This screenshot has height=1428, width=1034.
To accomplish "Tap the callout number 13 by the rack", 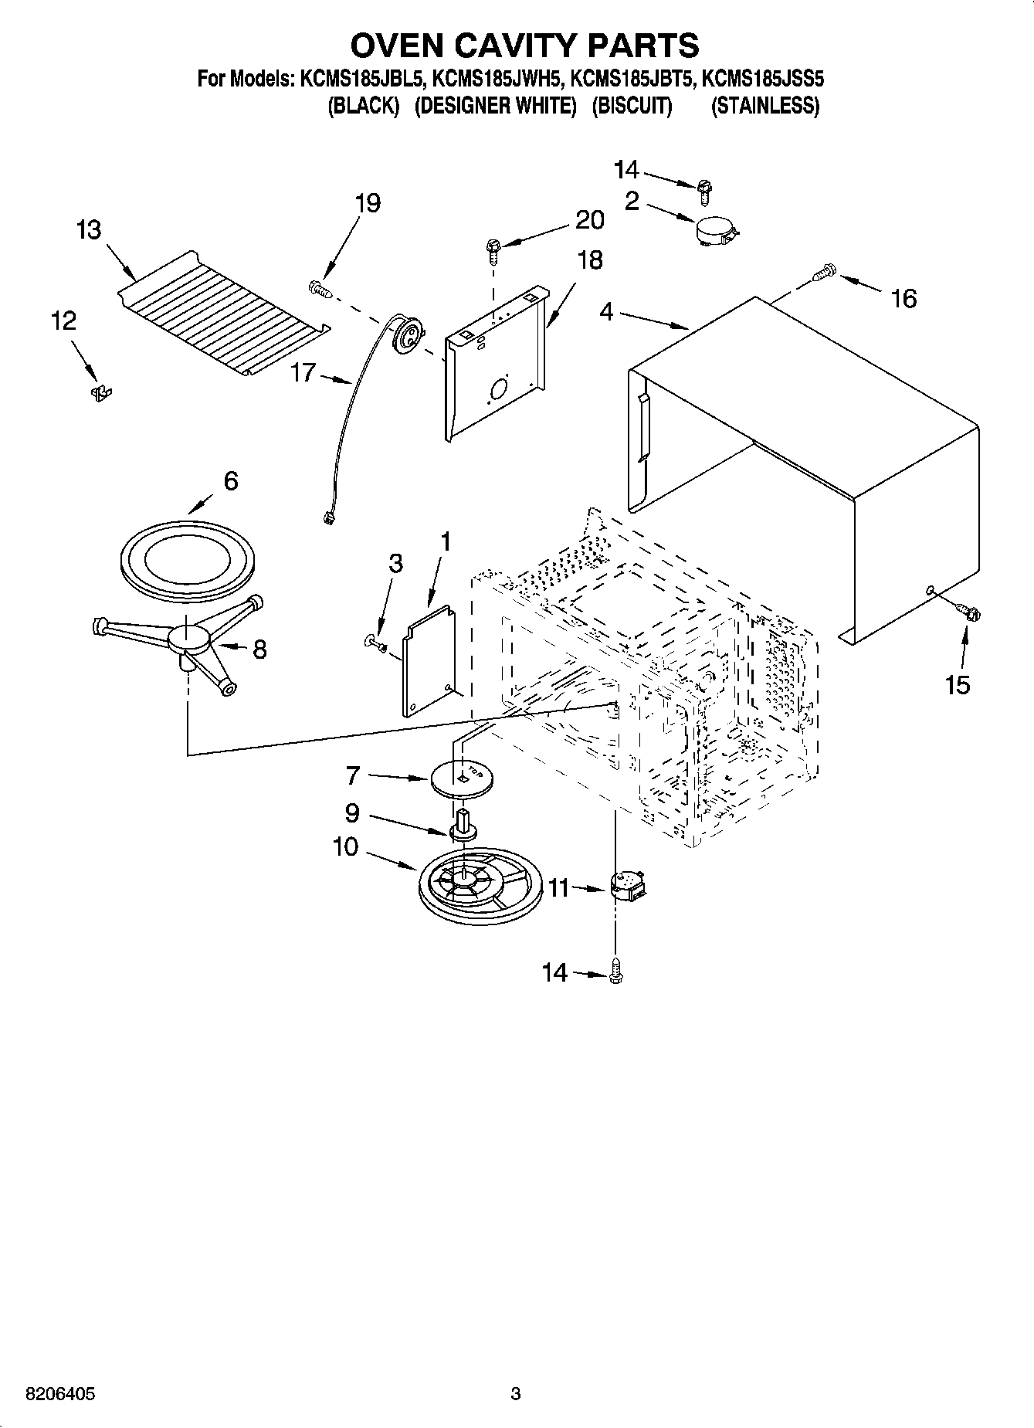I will point(89,229).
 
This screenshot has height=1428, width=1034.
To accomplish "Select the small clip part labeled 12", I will point(100,393).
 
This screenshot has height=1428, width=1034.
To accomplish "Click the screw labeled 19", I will point(320,289).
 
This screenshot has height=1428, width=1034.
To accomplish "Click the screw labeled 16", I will point(825,271).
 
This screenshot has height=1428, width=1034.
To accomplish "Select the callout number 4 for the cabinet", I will point(606,312).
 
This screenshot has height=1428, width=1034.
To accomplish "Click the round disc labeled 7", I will point(462,777).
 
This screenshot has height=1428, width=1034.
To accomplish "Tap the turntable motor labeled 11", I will point(628,885).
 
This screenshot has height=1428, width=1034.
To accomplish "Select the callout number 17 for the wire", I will point(303,373).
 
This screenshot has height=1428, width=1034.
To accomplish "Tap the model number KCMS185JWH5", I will point(496,80).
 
